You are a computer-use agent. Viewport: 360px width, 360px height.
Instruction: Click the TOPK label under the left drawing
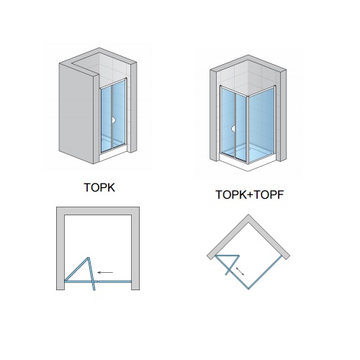point(99,187)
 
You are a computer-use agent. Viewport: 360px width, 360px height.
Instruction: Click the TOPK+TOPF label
point(250,194)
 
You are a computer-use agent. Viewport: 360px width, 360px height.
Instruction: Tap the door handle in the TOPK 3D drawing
point(114,120)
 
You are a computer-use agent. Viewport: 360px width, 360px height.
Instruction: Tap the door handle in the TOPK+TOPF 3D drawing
point(233,129)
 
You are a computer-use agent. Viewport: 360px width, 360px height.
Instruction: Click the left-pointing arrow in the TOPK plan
point(105,272)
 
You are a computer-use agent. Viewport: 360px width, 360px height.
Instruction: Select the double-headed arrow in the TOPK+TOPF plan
point(240,271)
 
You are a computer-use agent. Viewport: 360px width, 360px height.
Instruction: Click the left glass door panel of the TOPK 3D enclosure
point(106,119)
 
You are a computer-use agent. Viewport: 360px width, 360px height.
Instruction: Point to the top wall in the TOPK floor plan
point(98,211)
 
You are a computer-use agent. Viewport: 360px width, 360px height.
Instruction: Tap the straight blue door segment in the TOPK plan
point(115,282)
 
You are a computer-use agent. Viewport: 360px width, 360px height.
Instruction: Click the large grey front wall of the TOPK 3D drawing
point(76,113)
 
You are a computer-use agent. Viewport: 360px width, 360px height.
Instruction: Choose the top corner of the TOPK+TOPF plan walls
point(248,215)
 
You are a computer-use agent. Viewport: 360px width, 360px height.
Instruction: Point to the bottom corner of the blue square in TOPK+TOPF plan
point(248,289)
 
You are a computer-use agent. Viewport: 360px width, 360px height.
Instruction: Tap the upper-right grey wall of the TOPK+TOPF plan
point(269,237)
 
